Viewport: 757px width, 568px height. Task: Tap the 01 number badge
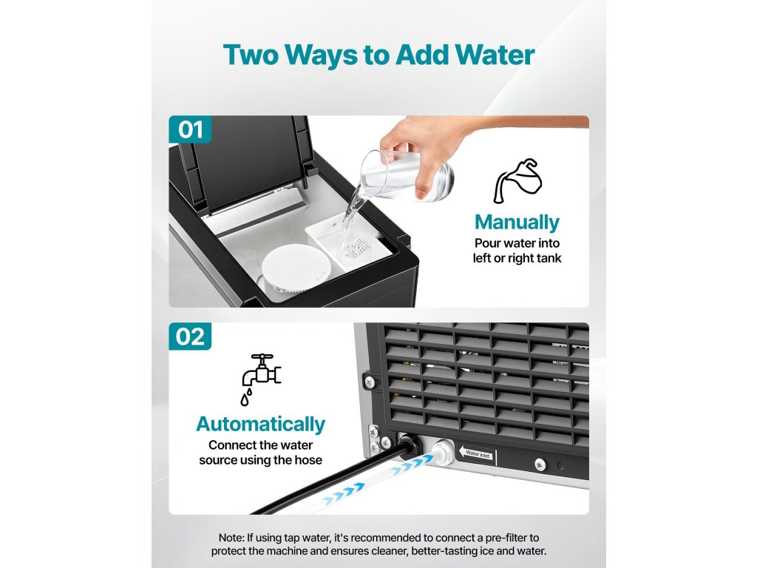[x=190, y=129]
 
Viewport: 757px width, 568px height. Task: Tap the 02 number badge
[x=190, y=337]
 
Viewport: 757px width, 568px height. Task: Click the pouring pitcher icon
[x=517, y=181]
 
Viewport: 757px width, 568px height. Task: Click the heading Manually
[x=517, y=222]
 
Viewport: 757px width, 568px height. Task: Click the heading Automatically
[x=261, y=424]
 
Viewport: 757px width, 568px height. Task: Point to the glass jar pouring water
[x=406, y=175]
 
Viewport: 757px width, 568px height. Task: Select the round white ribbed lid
[x=296, y=268]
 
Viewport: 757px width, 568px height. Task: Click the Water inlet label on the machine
[x=477, y=454]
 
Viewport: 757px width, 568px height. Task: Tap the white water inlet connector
[x=442, y=452]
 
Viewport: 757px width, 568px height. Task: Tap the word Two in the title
[x=251, y=55]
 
